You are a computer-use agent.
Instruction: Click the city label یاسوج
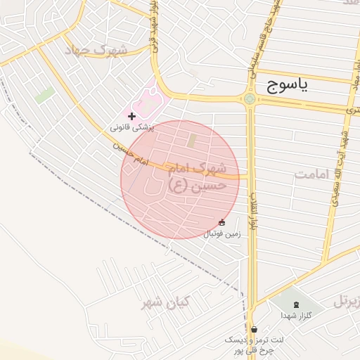click(287, 86)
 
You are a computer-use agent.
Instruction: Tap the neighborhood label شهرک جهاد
click(96, 51)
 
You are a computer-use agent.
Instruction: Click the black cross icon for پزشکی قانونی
click(131, 115)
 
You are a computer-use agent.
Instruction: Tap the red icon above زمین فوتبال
click(222, 222)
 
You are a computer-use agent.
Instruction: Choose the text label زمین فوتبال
click(222, 233)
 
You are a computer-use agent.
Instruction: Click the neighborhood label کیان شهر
click(165, 303)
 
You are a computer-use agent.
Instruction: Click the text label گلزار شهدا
click(295, 316)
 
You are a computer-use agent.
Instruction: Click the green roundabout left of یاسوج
click(250, 98)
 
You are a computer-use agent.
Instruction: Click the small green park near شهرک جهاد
click(44, 95)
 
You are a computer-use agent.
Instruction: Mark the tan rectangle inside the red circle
click(192, 140)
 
